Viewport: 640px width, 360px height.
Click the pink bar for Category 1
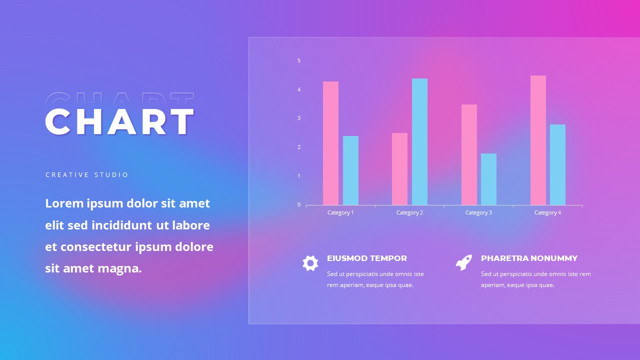pos(330,143)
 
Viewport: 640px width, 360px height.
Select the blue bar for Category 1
pos(350,170)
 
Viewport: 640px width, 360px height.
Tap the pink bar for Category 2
pos(399,169)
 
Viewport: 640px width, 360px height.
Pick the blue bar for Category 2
pos(419,141)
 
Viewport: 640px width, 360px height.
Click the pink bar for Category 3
pos(469,154)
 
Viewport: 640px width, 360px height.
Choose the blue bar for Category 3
pos(488,179)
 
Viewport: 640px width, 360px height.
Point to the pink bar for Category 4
pos(538,140)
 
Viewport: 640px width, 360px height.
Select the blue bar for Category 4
pos(557,164)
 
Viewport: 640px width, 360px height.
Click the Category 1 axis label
pos(340,212)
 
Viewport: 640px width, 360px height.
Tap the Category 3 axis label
pos(478,212)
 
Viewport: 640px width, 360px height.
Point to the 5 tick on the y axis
pos(299,60)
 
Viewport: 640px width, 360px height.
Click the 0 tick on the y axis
pos(299,204)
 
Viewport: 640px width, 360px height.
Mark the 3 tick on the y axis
pos(299,118)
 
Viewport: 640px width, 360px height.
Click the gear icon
pos(310,263)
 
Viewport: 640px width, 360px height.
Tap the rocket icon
pos(463,262)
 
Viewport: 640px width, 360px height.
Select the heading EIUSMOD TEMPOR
pos(367,258)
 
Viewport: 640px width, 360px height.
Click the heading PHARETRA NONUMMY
pos(529,258)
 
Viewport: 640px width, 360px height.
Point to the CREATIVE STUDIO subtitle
pos(87,175)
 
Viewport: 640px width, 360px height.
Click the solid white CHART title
pos(119,122)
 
